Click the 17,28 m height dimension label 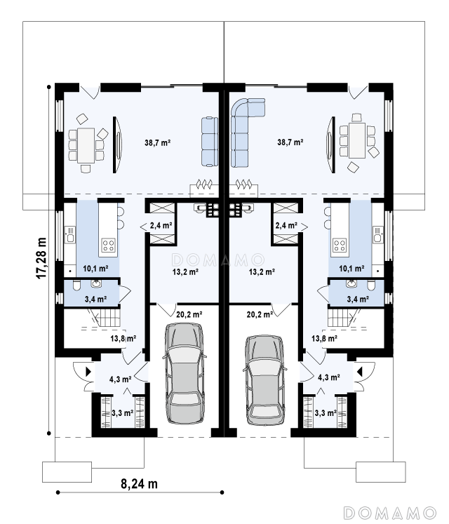41,258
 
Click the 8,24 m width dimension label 139,483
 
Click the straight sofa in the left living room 209,142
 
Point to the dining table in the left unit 86,146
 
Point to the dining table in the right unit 356,140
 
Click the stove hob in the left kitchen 108,245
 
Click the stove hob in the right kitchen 340,245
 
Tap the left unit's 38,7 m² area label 157,142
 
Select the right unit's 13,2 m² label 262,271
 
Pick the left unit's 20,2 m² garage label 189,314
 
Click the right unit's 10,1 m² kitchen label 351,269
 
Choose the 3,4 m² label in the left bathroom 95,299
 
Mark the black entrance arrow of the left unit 88,372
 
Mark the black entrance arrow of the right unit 360,371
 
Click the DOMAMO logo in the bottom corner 390,513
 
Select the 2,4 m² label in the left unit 161,226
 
